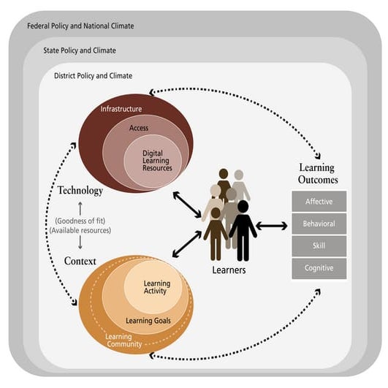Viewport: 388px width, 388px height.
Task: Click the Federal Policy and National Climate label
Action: (80, 26)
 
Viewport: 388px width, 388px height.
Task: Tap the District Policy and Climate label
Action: (93, 76)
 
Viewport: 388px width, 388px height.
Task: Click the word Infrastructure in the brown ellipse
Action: (121, 109)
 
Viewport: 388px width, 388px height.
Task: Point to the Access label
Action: (139, 128)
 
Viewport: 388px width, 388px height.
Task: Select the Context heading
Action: (80, 261)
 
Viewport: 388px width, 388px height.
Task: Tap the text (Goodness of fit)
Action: (80, 221)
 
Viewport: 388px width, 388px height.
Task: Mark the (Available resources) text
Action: (80, 231)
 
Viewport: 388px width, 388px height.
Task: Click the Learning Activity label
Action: (156, 287)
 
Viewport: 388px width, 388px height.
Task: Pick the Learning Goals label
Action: (149, 320)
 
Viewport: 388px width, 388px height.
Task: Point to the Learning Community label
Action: (123, 340)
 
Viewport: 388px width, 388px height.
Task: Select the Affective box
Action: (319, 201)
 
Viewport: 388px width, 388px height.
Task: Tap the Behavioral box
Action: (319, 224)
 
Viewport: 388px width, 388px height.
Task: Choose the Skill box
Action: (319, 246)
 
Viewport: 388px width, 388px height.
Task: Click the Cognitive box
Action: (319, 268)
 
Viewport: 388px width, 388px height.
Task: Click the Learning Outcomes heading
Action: (319, 174)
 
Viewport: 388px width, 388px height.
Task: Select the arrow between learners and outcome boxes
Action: (273, 226)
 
